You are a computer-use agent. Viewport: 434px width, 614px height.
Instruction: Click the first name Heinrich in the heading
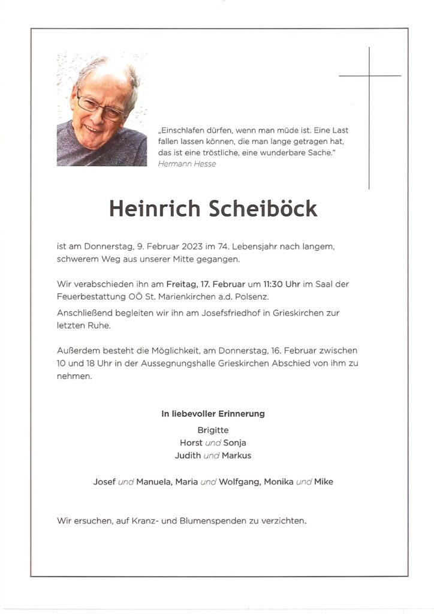[155, 208]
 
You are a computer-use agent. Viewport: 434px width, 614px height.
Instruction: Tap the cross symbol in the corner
[369, 76]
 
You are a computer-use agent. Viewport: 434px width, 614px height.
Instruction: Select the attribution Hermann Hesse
[187, 164]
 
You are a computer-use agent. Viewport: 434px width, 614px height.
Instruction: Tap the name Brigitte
[213, 430]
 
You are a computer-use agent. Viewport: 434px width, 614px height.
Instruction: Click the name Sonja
[234, 443]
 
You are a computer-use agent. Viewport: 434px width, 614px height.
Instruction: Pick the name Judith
[188, 455]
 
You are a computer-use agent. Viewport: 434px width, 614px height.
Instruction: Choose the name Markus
[237, 455]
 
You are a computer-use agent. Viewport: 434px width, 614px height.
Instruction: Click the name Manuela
[153, 482]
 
